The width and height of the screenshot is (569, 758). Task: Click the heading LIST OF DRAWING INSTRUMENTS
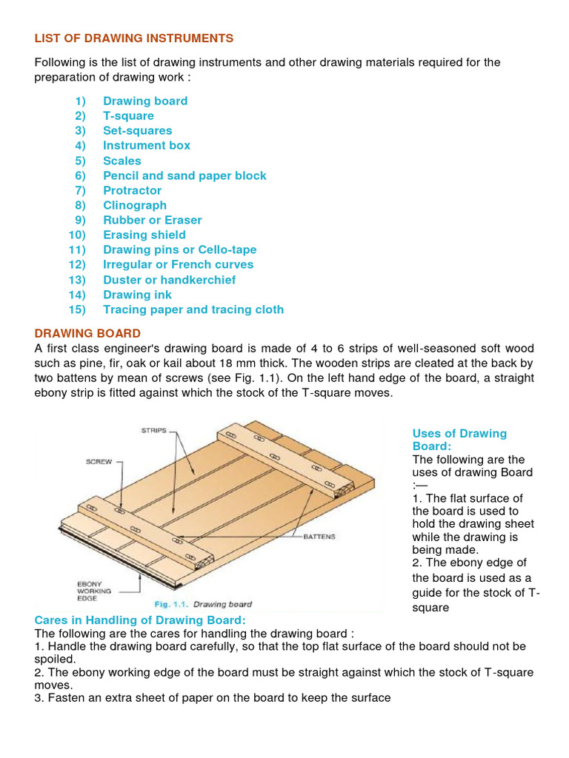coord(134,38)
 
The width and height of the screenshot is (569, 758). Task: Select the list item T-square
coord(128,115)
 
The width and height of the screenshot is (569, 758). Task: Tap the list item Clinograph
coord(134,205)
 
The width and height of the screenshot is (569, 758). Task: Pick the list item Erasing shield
coord(144,235)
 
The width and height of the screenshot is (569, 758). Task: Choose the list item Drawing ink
coord(137,295)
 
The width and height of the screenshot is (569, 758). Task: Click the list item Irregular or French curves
coord(178,264)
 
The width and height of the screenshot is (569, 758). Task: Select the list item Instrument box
coord(146,145)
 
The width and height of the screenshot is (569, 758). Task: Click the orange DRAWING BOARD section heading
coord(87,333)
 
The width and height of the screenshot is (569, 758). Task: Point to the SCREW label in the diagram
coord(98,462)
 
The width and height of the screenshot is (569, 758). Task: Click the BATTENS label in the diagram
coord(319,536)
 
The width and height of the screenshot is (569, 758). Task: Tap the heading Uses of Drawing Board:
coord(459,440)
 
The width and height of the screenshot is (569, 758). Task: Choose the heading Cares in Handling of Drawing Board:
coord(140,620)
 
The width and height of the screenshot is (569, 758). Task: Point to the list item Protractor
coord(132,190)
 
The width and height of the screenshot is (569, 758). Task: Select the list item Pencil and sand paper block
coord(184,175)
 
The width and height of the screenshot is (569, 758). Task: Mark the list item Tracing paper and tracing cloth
coord(193,309)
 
